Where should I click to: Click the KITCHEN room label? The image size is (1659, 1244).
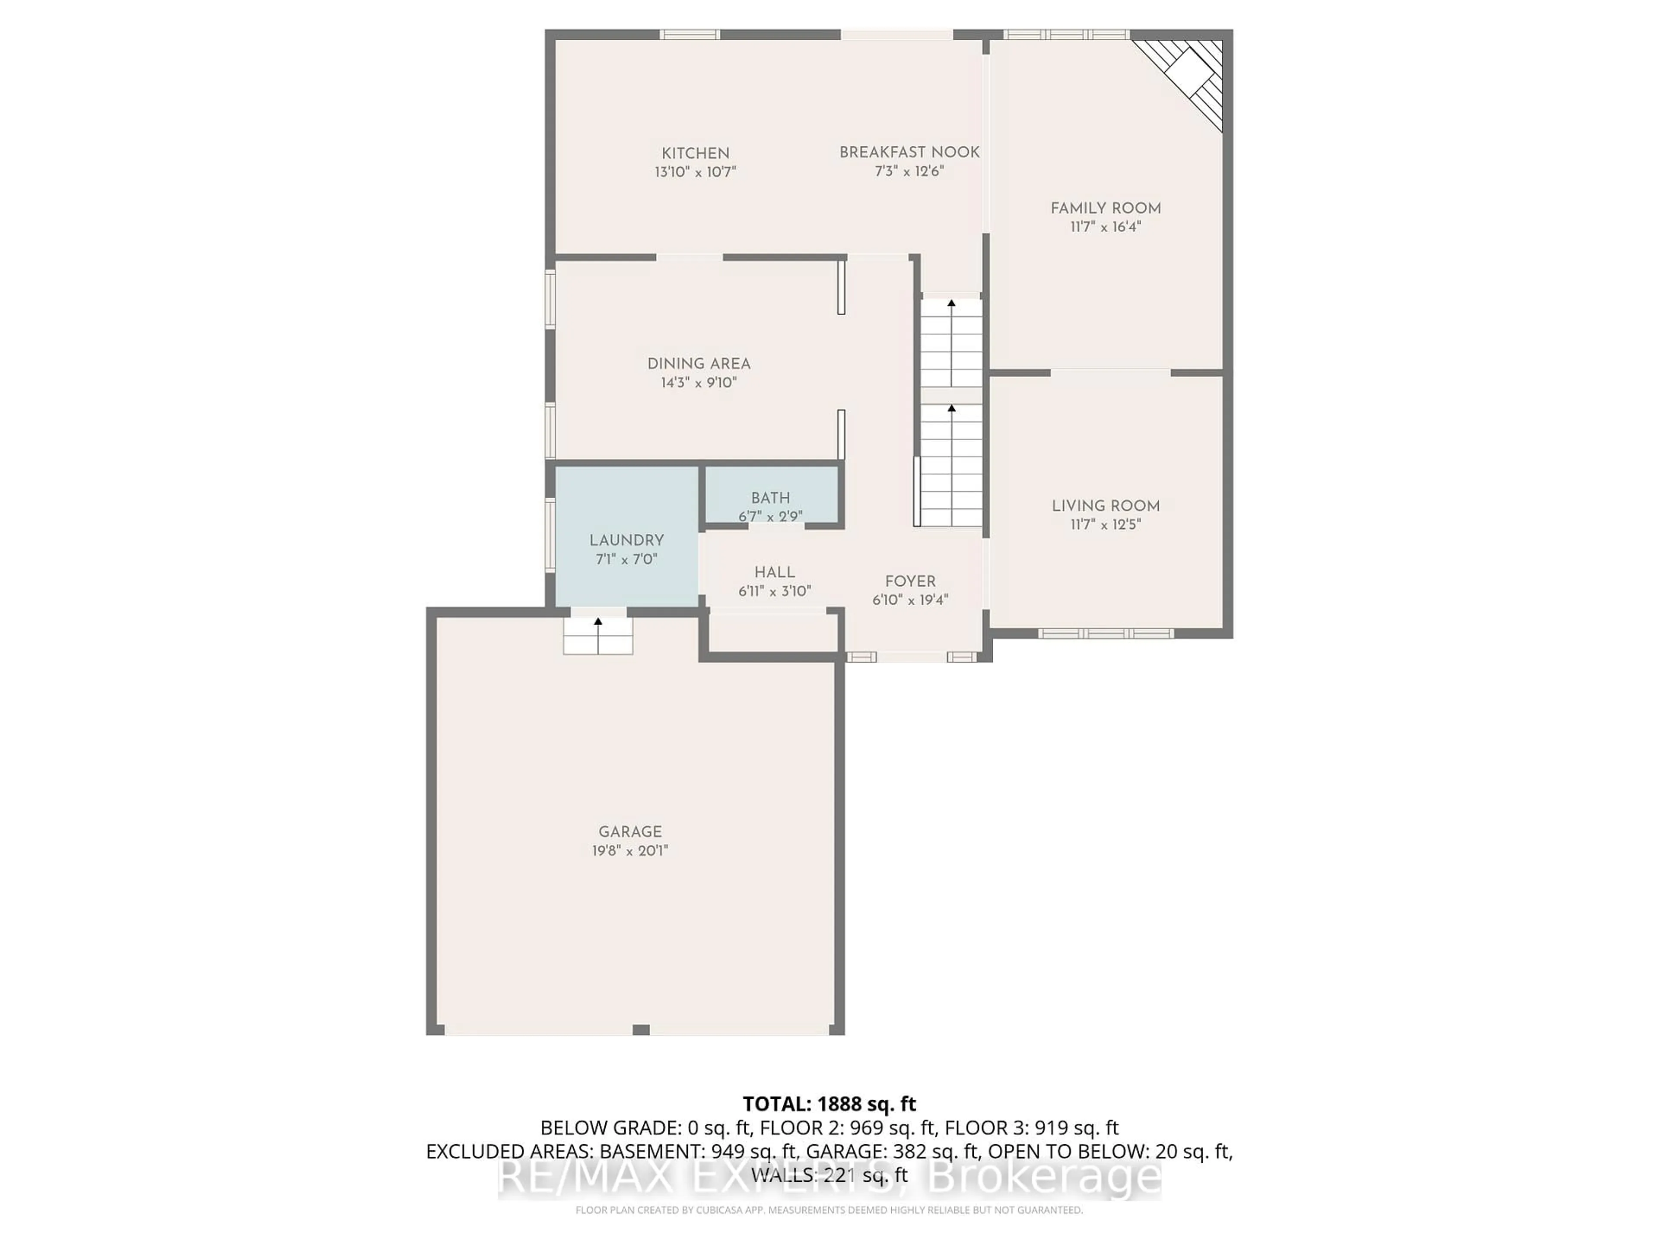coord(695,153)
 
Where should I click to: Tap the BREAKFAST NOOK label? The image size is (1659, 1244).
coord(909,152)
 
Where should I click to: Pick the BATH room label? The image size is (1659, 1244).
coord(770,498)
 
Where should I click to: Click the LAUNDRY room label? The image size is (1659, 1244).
coord(626,540)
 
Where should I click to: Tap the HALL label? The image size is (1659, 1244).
coord(775,572)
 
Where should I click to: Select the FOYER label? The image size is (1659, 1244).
coord(910,581)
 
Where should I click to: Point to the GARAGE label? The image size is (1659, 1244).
coord(630,831)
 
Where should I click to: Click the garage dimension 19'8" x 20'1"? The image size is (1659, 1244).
coord(630,850)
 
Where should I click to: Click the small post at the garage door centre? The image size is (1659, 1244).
coord(641,1030)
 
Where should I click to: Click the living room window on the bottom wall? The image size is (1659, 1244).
coord(1106,634)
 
